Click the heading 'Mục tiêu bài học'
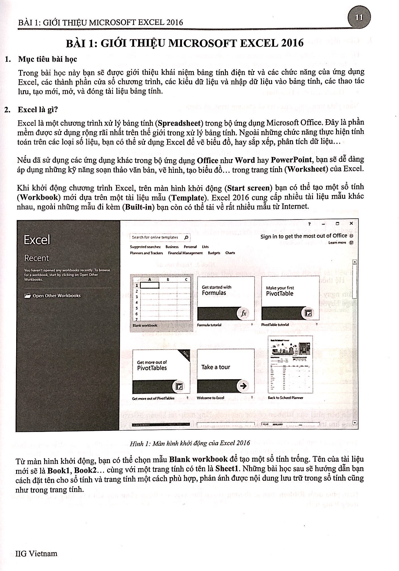click(48, 59)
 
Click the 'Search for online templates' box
click(155, 237)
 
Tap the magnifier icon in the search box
click(186, 237)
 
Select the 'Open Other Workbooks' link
click(56, 296)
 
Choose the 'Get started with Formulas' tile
click(226, 299)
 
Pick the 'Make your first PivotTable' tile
click(290, 299)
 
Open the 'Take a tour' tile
click(226, 371)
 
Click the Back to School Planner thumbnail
click(290, 365)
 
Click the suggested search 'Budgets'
click(214, 253)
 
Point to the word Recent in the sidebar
click(37, 258)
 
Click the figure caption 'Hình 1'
click(190, 443)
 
